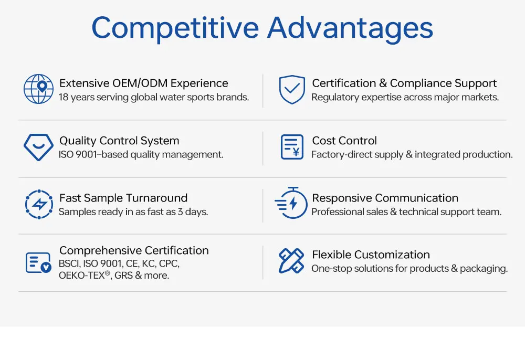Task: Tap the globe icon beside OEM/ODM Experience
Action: point(38,89)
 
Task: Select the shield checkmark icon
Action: point(292,89)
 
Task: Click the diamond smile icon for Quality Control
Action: point(38,147)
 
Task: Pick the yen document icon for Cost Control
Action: point(292,147)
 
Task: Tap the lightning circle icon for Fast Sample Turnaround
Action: point(38,205)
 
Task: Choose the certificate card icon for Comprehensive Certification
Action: point(38,262)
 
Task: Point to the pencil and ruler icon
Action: point(292,261)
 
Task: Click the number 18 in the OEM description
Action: point(64,98)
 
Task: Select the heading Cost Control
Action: point(344,141)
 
